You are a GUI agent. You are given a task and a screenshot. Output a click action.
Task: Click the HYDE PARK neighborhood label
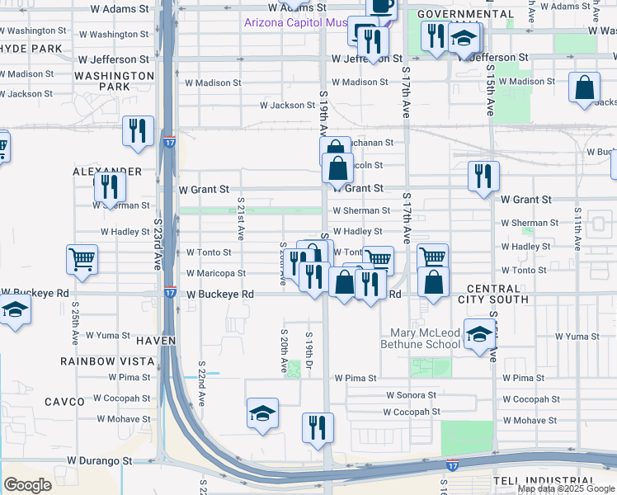[31, 49]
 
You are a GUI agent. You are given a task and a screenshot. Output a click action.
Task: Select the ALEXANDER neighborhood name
[107, 171]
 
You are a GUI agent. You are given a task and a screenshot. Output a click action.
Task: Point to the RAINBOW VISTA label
[107, 361]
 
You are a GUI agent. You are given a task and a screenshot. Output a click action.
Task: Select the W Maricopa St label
[215, 273]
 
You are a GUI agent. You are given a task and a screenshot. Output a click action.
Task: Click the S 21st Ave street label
[241, 218]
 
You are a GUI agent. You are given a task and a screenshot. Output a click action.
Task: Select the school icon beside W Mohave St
[263, 413]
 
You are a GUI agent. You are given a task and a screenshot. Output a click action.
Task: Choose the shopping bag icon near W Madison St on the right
[584, 90]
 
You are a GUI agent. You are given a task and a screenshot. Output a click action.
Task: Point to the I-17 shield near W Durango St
[452, 466]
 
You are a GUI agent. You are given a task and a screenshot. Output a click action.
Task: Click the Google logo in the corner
[27, 485]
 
